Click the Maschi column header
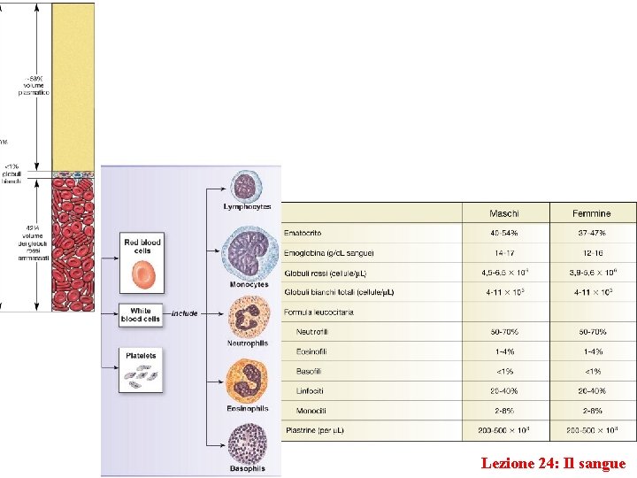pos(504,213)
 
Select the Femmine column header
pos(592,213)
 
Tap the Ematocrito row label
pos(303,233)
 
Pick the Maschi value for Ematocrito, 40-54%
pos(504,233)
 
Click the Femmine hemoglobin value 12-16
pos(592,252)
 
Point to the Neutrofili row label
pos(314,331)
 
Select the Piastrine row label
pos(314,430)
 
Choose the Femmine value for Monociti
pos(592,411)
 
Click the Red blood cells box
pos(143,262)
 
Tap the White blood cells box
pos(142,314)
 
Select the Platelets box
pos(142,369)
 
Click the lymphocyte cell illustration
pos(246,187)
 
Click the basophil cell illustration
pos(247,443)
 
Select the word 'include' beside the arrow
pos(185,313)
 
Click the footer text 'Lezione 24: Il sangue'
pos(553,463)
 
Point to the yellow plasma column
pos(73,84)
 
